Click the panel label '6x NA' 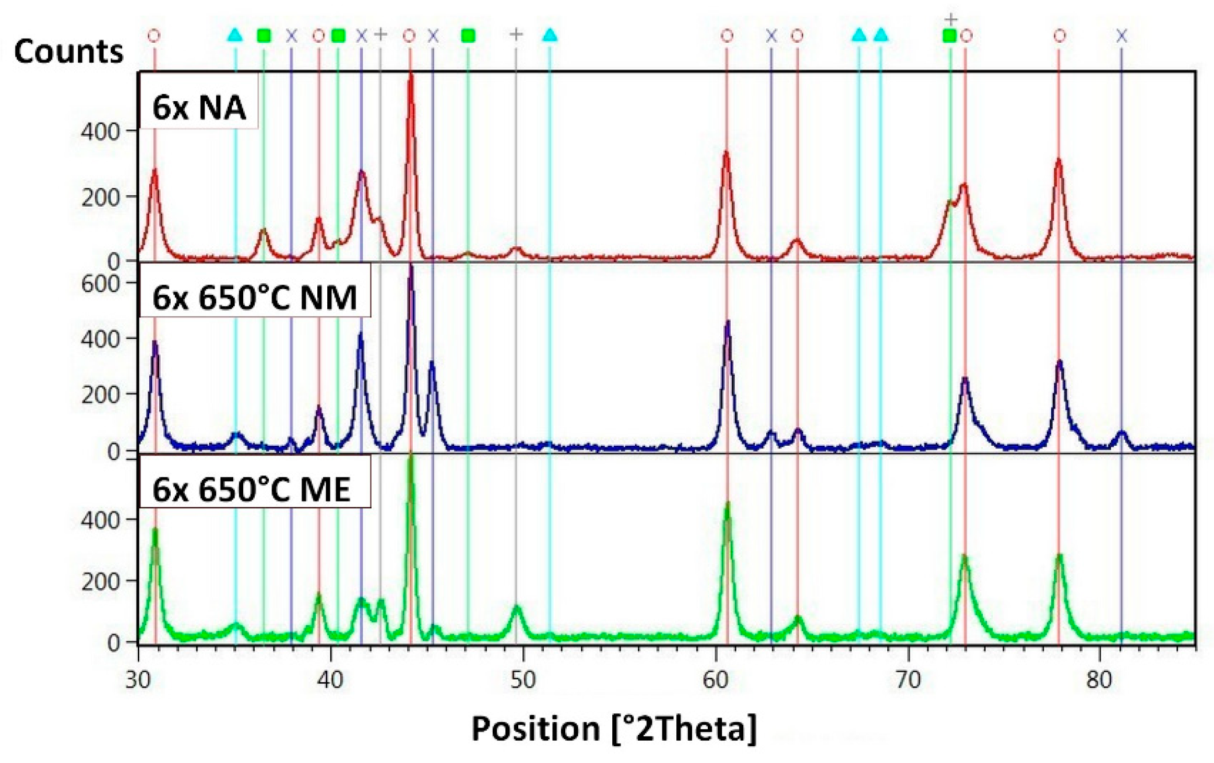click(x=198, y=108)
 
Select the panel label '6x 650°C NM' click(x=254, y=298)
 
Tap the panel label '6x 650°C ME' click(x=251, y=490)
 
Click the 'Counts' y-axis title click(x=68, y=52)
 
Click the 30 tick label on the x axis click(x=138, y=681)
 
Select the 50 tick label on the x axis click(x=523, y=681)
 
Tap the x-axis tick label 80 click(x=1100, y=681)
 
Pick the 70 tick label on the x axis click(x=908, y=681)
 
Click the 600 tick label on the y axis click(x=100, y=284)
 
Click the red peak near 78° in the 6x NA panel click(x=1058, y=161)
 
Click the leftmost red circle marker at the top click(x=153, y=36)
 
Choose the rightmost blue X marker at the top click(x=1121, y=36)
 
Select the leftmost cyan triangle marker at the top click(x=235, y=35)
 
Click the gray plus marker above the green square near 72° click(x=951, y=20)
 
